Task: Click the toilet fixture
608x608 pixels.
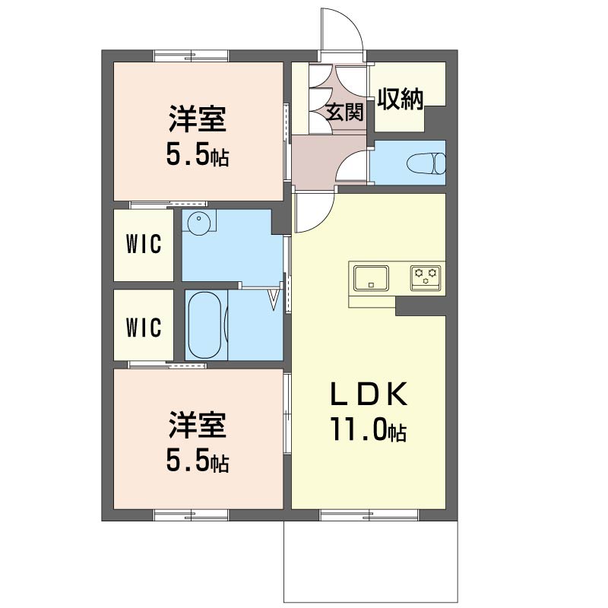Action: tap(426, 163)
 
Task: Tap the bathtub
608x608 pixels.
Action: tap(204, 325)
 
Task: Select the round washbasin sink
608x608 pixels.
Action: tap(199, 222)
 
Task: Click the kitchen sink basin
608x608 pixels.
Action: tap(371, 278)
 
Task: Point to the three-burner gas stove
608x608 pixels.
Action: tap(426, 278)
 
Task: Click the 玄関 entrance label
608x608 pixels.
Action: tap(344, 112)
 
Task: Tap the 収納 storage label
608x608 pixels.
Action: tap(401, 99)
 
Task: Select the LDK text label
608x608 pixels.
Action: tap(369, 394)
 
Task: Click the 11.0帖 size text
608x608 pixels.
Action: tap(368, 429)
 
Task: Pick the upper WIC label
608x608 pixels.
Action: tap(144, 244)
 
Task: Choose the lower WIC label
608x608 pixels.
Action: tap(144, 328)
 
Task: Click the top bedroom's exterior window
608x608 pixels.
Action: tap(192, 55)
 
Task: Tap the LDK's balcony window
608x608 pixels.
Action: tap(369, 515)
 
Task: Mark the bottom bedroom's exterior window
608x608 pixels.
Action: tap(192, 515)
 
